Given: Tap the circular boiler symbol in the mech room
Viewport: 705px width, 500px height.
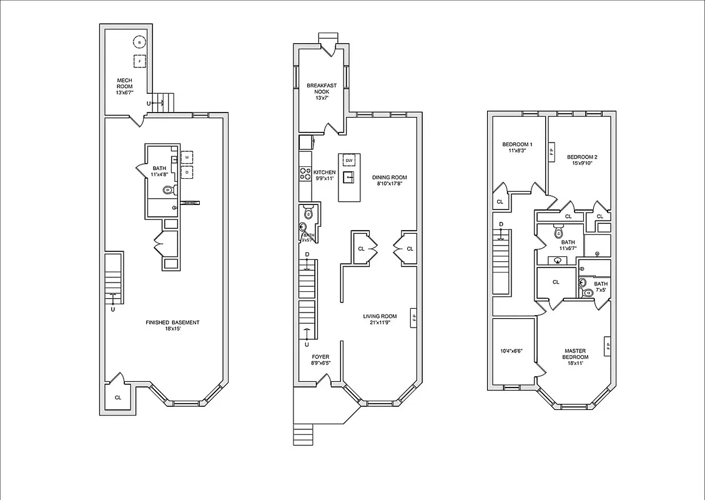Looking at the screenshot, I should pos(140,42).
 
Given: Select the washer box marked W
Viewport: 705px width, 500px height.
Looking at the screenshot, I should pos(187,157).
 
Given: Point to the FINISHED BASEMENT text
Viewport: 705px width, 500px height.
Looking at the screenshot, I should pos(172,322).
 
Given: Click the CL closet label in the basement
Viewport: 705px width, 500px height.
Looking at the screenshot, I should pos(117,397).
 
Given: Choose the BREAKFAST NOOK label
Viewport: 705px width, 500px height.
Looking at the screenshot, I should pos(322,89).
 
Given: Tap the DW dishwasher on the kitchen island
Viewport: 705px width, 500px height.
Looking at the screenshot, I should pos(349,161).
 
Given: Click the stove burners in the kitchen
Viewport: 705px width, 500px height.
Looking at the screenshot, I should pos(305,174).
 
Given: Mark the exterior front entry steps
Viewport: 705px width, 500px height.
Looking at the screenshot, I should pos(303,434).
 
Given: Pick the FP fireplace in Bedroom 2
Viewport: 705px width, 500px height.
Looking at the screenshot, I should pos(551,151).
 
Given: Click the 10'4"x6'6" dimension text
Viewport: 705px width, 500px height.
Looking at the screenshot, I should pos(511,351).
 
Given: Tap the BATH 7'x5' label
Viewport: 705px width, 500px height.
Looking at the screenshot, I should pos(600,287).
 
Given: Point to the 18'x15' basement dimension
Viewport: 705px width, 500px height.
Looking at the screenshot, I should pos(172,329).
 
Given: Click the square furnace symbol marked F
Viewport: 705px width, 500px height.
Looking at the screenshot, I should pos(140,61).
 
